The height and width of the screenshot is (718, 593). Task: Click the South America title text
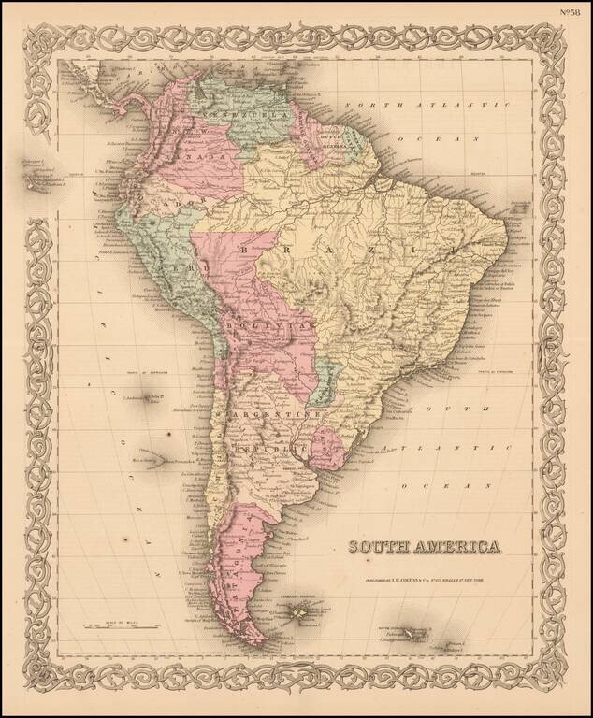pos(425,548)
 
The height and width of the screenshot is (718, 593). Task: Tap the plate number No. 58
pos(569,12)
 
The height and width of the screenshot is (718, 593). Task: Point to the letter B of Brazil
pos(246,251)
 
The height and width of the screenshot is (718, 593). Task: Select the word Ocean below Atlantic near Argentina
pos(428,487)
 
